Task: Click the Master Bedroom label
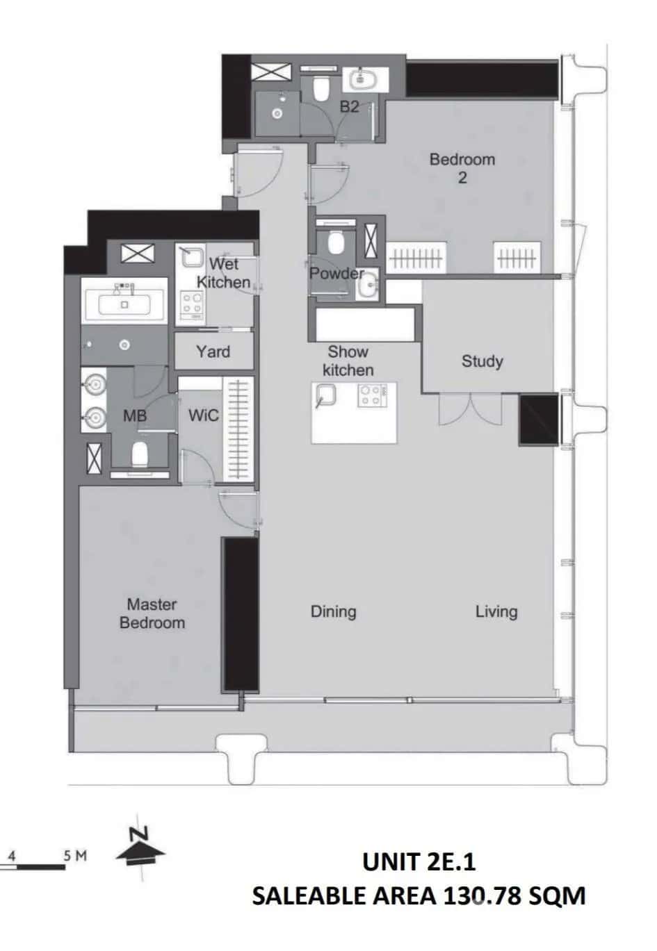pyautogui.click(x=152, y=613)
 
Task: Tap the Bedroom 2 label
pyautogui.click(x=462, y=168)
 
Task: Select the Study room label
pyautogui.click(x=482, y=361)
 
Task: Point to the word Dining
pyautogui.click(x=333, y=611)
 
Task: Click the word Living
pyautogui.click(x=496, y=611)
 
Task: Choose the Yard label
pyautogui.click(x=213, y=352)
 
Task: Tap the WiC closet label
pyautogui.click(x=203, y=415)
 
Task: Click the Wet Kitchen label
pyautogui.click(x=223, y=273)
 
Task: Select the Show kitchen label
pyautogui.click(x=348, y=361)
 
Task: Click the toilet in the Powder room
pyautogui.click(x=336, y=242)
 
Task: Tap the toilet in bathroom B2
pyautogui.click(x=321, y=88)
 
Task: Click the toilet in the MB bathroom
pyautogui.click(x=140, y=454)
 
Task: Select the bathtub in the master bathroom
pyautogui.click(x=124, y=304)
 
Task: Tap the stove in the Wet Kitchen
pyautogui.click(x=193, y=305)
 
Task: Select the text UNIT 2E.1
pyautogui.click(x=419, y=861)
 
